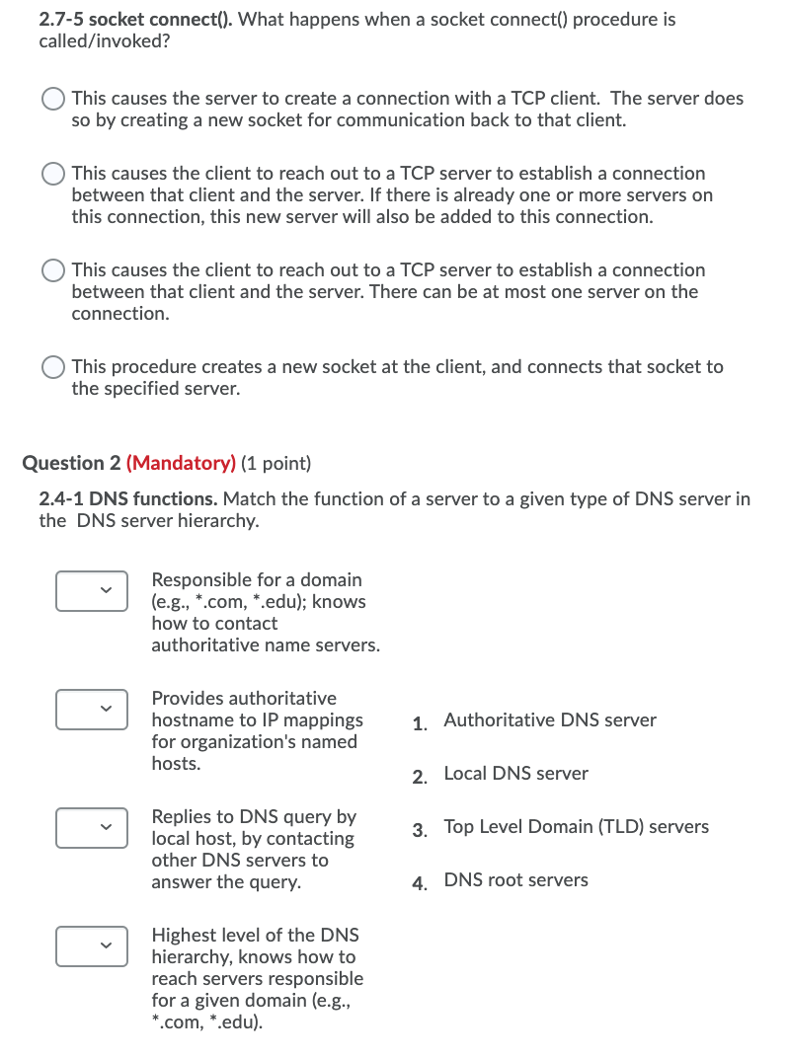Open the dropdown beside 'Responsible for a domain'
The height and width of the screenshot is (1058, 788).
(91, 590)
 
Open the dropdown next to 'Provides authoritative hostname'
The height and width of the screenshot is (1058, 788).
(91, 709)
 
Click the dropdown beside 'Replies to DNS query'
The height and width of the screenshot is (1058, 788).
(91, 827)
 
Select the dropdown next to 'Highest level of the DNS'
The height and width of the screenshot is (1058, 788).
(91, 945)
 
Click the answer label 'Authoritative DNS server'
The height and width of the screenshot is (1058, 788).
(549, 720)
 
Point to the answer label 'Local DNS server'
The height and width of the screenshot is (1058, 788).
(515, 774)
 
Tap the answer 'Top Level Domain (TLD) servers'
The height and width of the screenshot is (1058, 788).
(576, 827)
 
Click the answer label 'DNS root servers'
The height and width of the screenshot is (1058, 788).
(515, 880)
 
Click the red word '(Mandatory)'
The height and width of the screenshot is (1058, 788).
(181, 463)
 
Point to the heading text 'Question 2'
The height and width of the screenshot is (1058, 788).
(71, 463)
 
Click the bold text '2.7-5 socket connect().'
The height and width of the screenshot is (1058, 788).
(135, 20)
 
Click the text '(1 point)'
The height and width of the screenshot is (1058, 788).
(276, 463)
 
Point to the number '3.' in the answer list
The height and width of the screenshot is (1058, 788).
(420, 829)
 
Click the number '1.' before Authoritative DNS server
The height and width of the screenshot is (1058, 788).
(420, 722)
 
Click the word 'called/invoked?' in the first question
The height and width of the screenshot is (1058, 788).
(98, 41)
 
